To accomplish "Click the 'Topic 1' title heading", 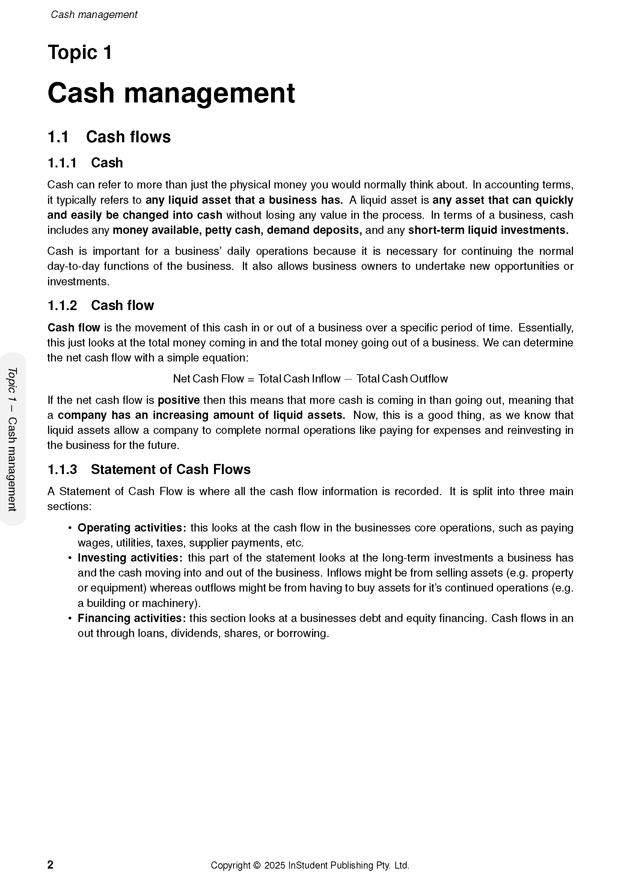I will click(80, 53).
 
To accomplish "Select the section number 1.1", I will click(58, 137).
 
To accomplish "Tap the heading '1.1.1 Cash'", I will click(85, 163).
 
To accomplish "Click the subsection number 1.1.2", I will click(62, 306).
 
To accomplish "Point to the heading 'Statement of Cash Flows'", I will click(170, 470).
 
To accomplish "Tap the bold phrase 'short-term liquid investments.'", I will click(488, 230).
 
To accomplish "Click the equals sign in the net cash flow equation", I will click(251, 379).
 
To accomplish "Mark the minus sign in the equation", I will click(348, 379).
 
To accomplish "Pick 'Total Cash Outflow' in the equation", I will click(402, 379).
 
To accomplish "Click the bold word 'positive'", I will click(179, 401).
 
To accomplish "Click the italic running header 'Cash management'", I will click(94, 15).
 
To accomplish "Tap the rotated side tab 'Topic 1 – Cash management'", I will click(12, 439).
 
